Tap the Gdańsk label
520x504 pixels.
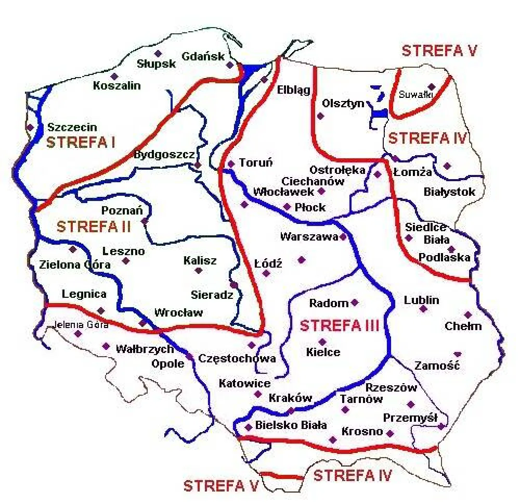(203, 57)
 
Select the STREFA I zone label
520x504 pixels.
(81, 142)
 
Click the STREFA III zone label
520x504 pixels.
(339, 326)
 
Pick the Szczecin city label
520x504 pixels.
(72, 127)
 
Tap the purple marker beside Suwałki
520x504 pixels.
(431, 87)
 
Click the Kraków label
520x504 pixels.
(290, 398)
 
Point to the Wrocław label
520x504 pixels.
(179, 313)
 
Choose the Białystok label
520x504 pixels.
(449, 192)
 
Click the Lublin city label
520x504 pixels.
(421, 300)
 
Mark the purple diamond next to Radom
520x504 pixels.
(355, 302)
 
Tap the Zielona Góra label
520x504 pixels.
(75, 264)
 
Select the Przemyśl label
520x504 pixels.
(409, 418)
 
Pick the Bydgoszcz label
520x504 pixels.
(164, 155)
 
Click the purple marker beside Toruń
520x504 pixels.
(231, 163)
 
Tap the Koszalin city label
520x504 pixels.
(117, 86)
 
